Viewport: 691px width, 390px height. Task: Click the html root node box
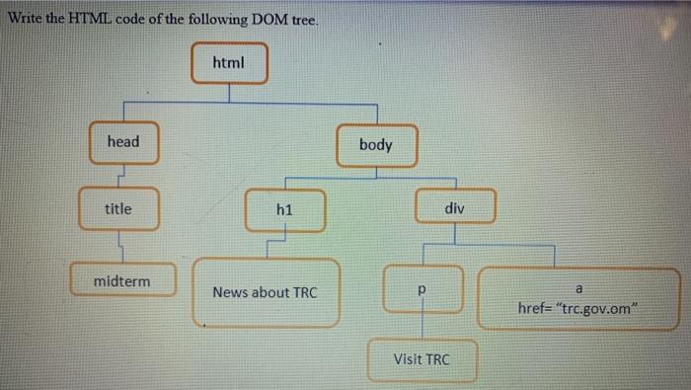(x=228, y=63)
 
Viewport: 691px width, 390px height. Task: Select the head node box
(x=123, y=142)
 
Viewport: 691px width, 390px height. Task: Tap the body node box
(x=376, y=145)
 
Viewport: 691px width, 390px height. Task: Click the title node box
(x=118, y=208)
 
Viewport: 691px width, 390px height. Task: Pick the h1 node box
(x=285, y=210)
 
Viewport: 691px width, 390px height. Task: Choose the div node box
(x=454, y=209)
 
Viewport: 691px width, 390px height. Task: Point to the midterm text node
(x=122, y=281)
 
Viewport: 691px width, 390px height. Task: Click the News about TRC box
(x=265, y=292)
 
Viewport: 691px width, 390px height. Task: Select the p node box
(x=422, y=290)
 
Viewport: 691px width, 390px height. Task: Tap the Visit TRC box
(x=422, y=359)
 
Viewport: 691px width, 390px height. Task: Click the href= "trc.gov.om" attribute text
(x=579, y=307)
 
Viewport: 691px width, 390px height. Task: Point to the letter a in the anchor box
(x=579, y=286)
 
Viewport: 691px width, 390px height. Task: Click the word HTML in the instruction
(x=90, y=21)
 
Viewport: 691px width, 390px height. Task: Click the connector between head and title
(x=119, y=175)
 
